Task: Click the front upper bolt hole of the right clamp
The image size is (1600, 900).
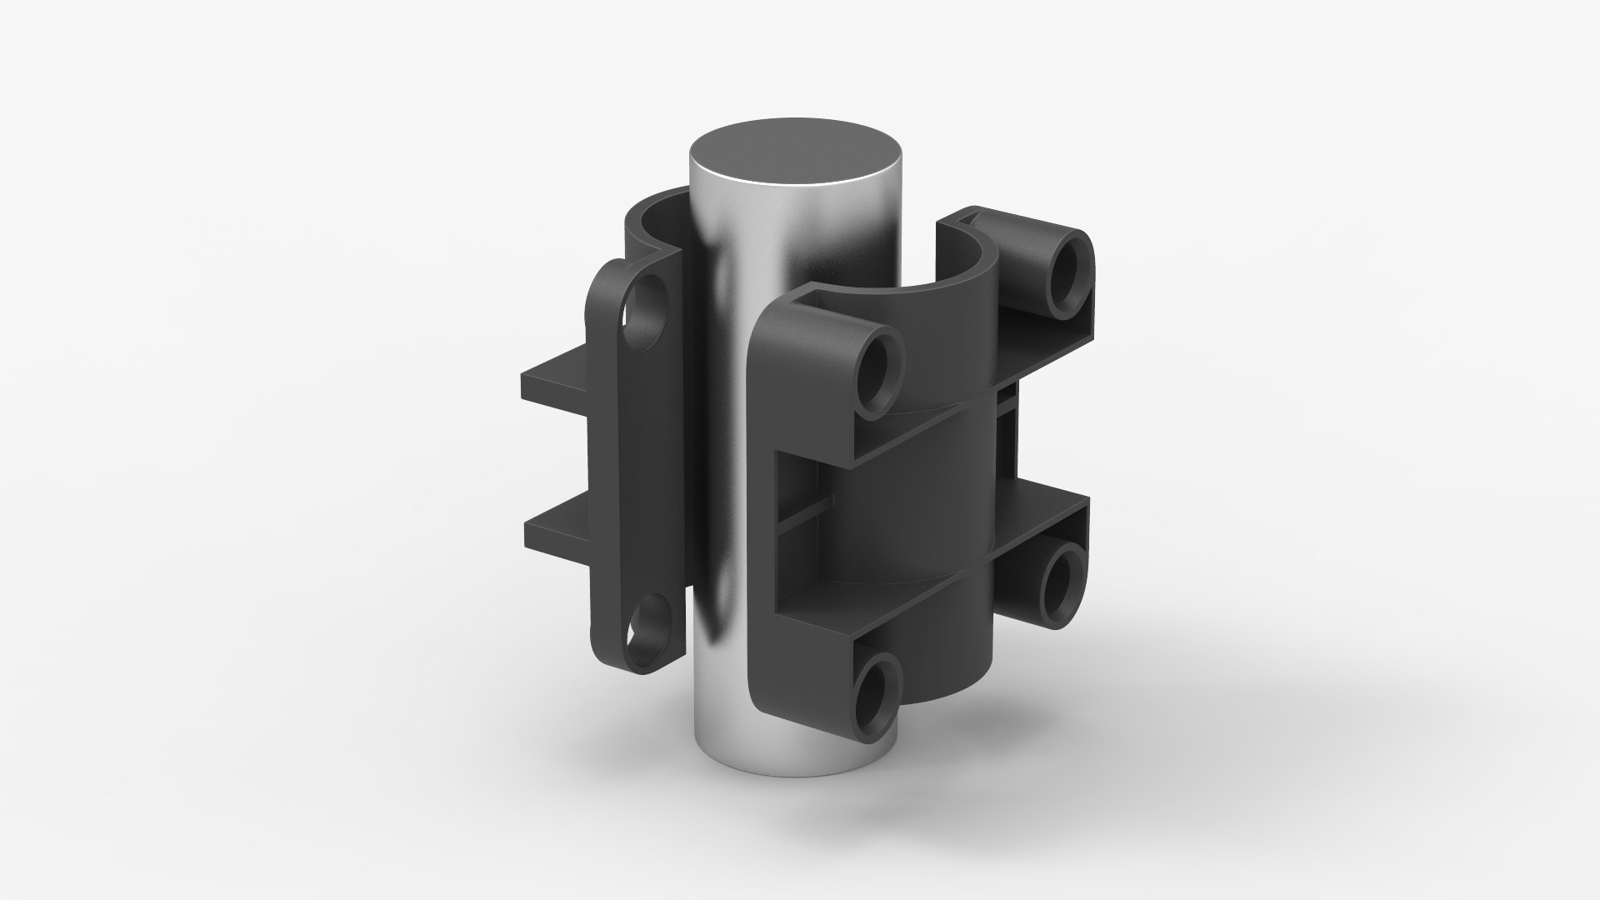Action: tap(878, 372)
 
